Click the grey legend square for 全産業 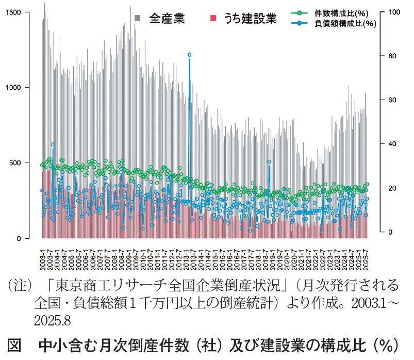point(138,19)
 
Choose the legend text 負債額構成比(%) point(344,24)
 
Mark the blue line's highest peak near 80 point(189,55)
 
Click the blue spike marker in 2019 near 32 point(269,161)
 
